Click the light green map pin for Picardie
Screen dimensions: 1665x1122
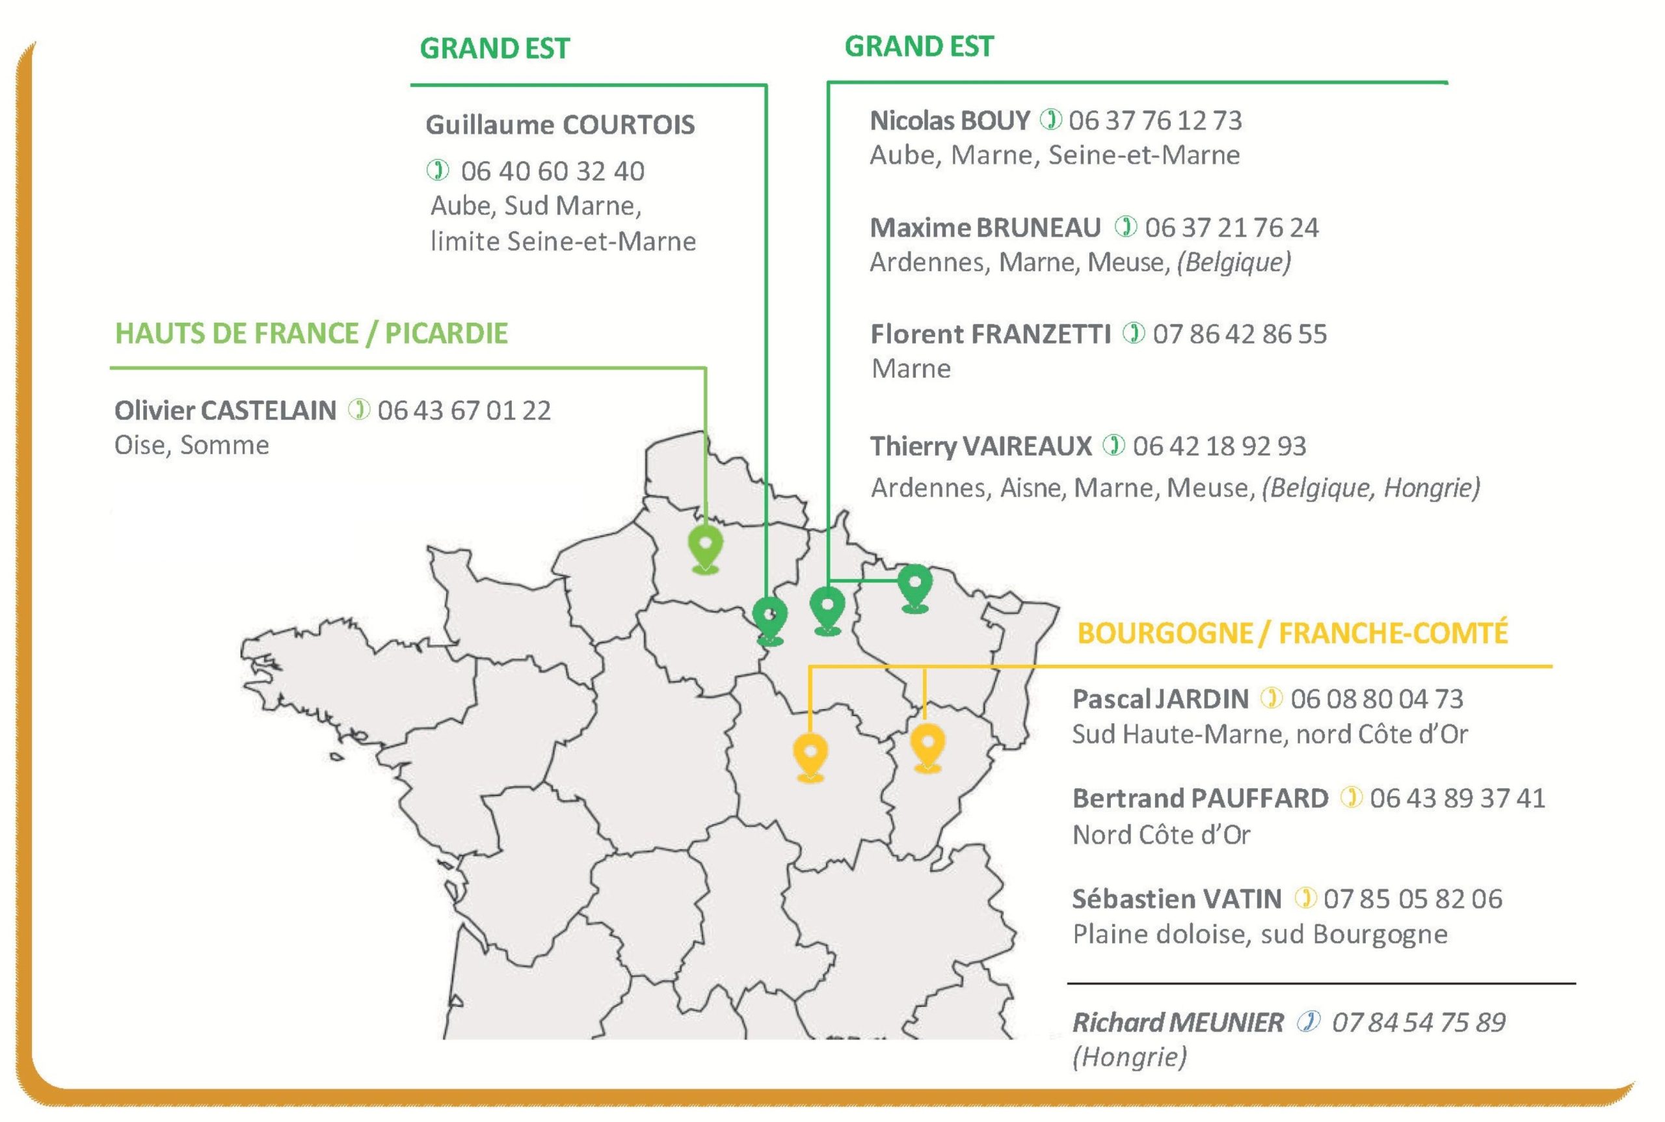pos(705,548)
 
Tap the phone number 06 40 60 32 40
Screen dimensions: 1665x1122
pos(552,171)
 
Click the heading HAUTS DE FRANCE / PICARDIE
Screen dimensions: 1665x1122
pos(312,334)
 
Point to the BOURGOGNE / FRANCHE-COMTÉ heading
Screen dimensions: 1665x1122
pos(1292,634)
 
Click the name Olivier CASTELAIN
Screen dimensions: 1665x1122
pos(224,410)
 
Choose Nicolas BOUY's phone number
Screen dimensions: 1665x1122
pos(1155,120)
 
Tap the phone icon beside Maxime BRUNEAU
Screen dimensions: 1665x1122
pos(1126,227)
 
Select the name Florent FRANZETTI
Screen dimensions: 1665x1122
pos(991,334)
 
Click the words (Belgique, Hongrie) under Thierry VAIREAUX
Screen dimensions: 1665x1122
pos(1370,488)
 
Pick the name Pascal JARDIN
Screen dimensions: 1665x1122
pos(1160,699)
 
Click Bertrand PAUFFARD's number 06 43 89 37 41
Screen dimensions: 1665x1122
pos(1458,799)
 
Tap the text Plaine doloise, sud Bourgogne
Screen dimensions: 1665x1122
pos(1259,935)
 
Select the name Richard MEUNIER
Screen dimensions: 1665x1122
pos(1178,1022)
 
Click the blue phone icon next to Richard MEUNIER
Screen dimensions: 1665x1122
pos(1308,1022)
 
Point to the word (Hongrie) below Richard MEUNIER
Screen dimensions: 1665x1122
pos(1129,1057)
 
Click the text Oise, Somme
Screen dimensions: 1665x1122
pos(192,445)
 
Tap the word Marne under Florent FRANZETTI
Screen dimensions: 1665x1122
pos(911,369)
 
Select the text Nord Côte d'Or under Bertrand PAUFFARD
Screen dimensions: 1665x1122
pos(1160,835)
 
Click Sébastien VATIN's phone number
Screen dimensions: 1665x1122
pos(1413,899)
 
